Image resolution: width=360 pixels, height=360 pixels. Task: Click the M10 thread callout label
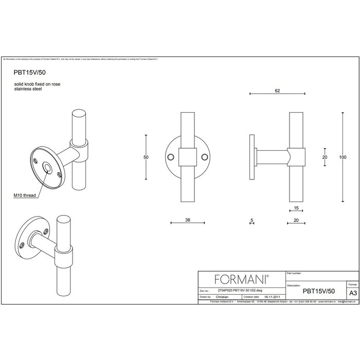tap(25, 196)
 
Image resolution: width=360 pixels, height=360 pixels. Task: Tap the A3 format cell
tap(353, 291)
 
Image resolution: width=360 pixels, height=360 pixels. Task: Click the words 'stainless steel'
tap(27, 89)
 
